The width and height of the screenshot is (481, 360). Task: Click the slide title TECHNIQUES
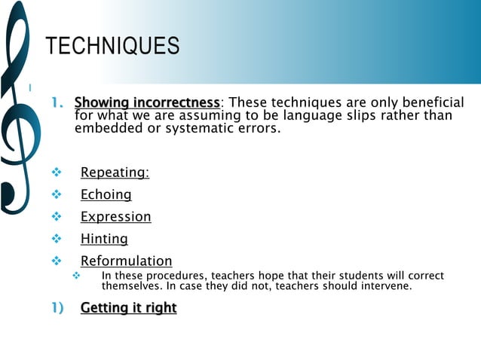(x=113, y=47)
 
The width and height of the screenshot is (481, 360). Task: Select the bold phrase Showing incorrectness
(x=147, y=102)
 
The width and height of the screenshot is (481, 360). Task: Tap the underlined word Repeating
(x=114, y=172)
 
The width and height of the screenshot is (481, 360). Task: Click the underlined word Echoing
(x=106, y=194)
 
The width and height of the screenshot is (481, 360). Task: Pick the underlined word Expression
(x=116, y=217)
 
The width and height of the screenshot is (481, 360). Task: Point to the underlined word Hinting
(x=104, y=239)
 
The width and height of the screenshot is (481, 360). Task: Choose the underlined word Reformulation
(x=127, y=261)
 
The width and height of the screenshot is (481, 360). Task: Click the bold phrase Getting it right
(x=128, y=307)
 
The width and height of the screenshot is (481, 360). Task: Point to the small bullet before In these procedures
(x=75, y=276)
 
